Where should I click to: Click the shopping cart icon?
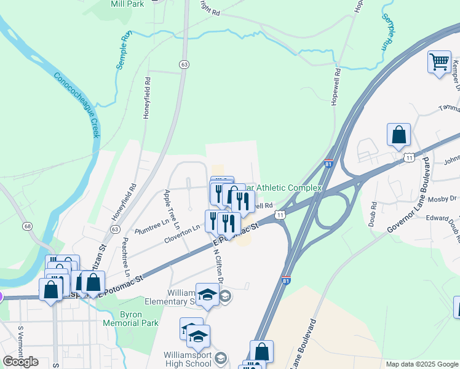pyautogui.click(x=439, y=62)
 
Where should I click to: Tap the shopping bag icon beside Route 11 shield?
pyautogui.click(x=399, y=135)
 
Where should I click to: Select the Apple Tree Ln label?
pyautogui.click(x=171, y=210)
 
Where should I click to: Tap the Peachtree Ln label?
pyautogui.click(x=126, y=256)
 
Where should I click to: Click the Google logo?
pyautogui.click(x=21, y=362)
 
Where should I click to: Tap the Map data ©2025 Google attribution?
pyautogui.click(x=421, y=364)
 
